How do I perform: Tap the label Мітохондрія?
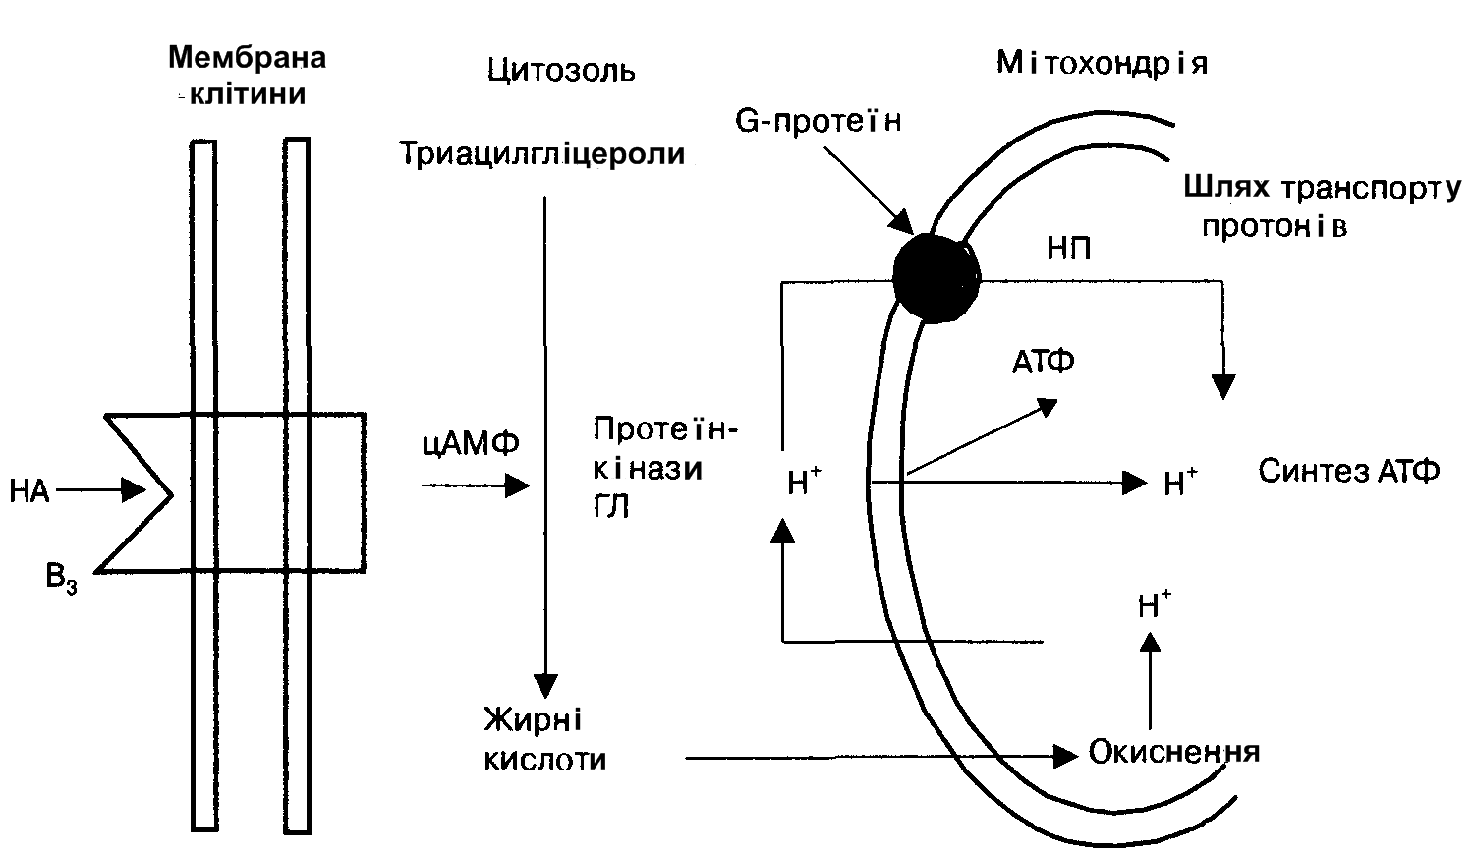pyautogui.click(x=1102, y=64)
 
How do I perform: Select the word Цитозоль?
pyautogui.click(x=561, y=71)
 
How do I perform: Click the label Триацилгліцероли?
pyautogui.click(x=541, y=154)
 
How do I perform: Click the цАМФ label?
pyautogui.click(x=470, y=444)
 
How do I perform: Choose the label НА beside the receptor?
pyautogui.click(x=29, y=490)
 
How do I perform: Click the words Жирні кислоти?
pyautogui.click(x=543, y=739)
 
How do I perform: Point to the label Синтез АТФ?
pyautogui.click(x=1348, y=472)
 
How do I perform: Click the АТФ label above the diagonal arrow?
pyautogui.click(x=1044, y=362)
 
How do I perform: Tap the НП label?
pyautogui.click(x=1068, y=248)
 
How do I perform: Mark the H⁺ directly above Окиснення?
pyautogui.click(x=1154, y=603)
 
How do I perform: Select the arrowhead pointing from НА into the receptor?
pyautogui.click(x=133, y=488)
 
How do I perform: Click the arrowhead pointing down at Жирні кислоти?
pyautogui.click(x=544, y=686)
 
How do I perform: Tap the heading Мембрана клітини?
pyautogui.click(x=247, y=75)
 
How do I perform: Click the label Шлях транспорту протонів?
pyautogui.click(x=1322, y=205)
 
